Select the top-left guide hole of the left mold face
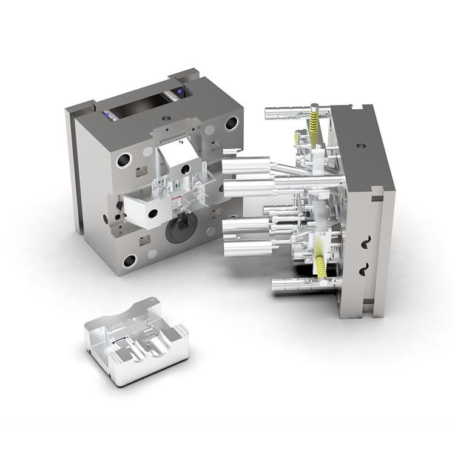point(124,161)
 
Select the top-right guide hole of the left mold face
point(231,124)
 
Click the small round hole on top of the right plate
point(362,146)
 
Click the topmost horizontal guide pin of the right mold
point(296,112)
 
